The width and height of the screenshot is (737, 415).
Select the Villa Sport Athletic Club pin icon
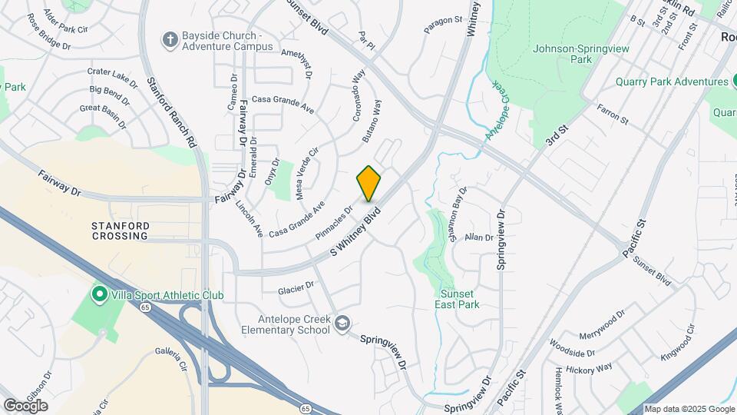[99, 294]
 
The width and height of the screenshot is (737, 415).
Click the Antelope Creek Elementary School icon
[342, 324]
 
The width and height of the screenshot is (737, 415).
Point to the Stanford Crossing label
[119, 231]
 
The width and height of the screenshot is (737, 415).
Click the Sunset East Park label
[460, 299]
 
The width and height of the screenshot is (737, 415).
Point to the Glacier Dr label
[297, 287]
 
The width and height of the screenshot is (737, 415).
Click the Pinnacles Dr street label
[333, 220]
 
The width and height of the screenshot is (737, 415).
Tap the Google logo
[25, 405]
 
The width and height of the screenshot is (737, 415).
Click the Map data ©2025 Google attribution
[689, 409]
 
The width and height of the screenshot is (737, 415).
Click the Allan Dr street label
[479, 238]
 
